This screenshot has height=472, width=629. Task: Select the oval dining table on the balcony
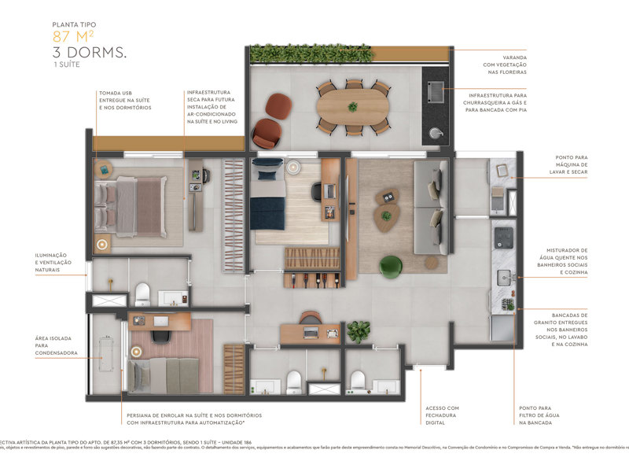(353, 107)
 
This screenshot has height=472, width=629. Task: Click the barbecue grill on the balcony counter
(434, 92)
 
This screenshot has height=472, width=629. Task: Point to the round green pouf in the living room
(392, 267)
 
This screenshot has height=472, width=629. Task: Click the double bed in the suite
(130, 201)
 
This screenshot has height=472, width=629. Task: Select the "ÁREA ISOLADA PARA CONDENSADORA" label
(57, 345)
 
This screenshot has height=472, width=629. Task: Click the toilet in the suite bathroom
(143, 294)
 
